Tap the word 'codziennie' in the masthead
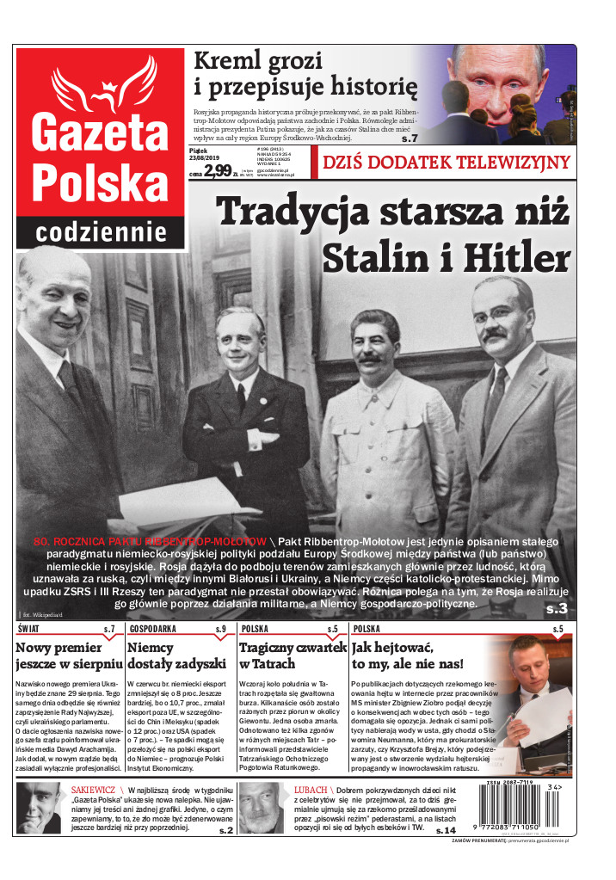[101, 232]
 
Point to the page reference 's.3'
[557, 609]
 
